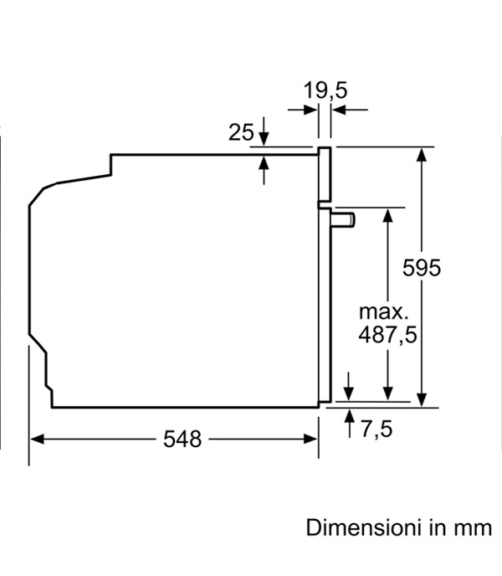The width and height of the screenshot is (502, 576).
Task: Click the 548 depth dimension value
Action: (182, 439)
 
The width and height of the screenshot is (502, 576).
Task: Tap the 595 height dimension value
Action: (422, 267)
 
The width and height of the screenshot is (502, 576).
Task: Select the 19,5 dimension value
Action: (325, 90)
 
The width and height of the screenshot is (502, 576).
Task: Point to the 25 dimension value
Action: (241, 132)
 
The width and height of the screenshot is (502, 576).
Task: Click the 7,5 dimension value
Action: (376, 429)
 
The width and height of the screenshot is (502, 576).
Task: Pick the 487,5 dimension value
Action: (387, 335)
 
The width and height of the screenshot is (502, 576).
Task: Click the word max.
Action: (383, 312)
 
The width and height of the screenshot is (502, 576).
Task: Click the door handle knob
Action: (343, 219)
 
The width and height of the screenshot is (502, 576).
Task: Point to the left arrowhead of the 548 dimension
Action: (37, 439)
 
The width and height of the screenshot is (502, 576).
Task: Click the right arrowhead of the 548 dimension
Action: (310, 439)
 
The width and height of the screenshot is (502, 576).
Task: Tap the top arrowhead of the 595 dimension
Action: (422, 154)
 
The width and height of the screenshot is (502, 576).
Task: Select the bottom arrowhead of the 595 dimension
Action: (422, 400)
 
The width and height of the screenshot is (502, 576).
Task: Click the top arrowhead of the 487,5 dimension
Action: (387, 215)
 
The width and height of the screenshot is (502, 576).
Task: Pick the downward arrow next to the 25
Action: (264, 131)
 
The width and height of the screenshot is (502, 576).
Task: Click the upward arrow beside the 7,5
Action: (349, 424)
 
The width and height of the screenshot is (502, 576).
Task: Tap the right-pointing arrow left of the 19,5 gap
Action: (303, 110)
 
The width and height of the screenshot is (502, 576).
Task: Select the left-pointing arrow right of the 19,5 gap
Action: (350, 110)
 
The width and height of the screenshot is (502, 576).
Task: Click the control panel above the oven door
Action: (325, 175)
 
